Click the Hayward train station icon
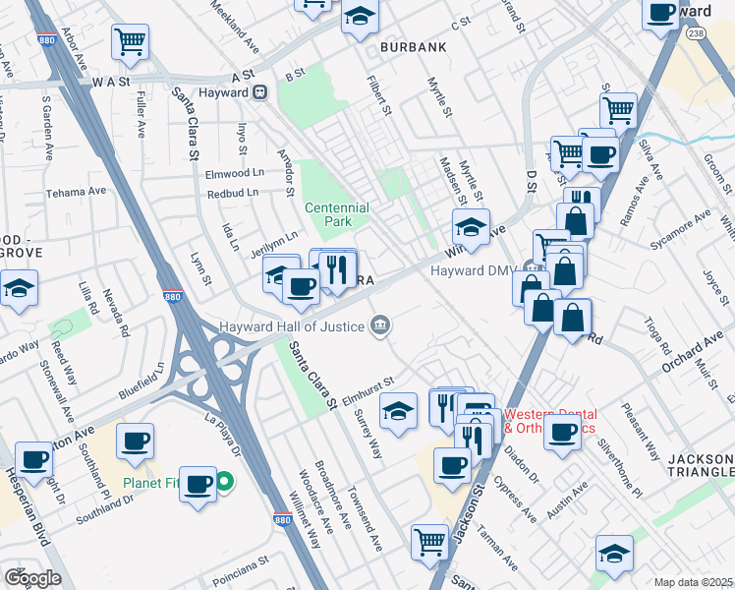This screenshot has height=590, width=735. pyautogui.click(x=260, y=92)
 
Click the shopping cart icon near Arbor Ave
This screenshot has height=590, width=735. pyautogui.click(x=131, y=42)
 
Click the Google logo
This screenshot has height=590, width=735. pyautogui.click(x=32, y=577)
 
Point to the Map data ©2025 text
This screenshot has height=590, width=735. pyautogui.click(x=693, y=582)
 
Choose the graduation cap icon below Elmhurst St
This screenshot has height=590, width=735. pyautogui.click(x=398, y=411)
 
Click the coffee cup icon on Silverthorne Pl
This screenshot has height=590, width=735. pyautogui.click(x=563, y=433)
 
